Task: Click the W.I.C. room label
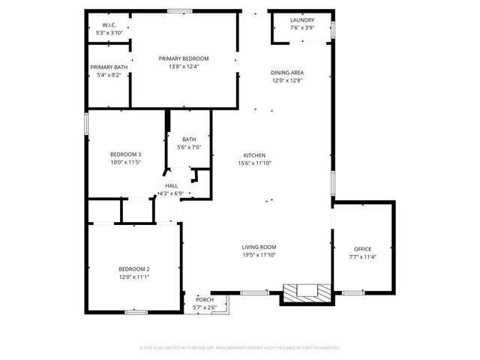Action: [109, 25]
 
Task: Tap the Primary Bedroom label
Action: [184, 58]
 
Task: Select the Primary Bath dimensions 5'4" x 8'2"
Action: [106, 75]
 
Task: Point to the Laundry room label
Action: [301, 20]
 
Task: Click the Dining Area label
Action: [287, 73]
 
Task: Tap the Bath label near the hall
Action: [188, 139]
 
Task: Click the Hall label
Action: [171, 185]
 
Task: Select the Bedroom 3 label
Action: [126, 154]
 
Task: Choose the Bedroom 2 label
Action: [134, 269]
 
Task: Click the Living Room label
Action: [259, 247]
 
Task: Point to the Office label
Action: [363, 249]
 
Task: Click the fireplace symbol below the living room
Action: [304, 292]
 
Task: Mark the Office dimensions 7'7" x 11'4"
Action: [363, 257]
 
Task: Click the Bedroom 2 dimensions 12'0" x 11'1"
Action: [134, 277]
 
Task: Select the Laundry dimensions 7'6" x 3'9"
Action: [301, 28]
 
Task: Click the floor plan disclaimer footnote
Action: [240, 348]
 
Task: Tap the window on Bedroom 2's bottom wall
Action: [136, 312]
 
